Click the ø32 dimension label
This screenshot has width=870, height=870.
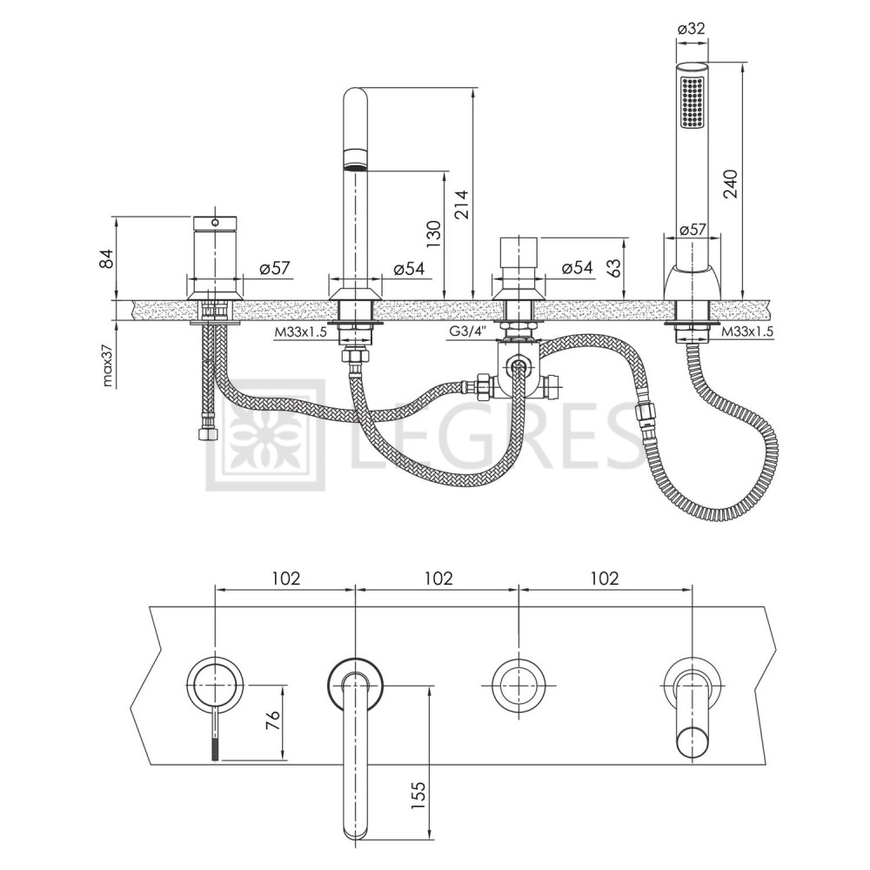(692, 28)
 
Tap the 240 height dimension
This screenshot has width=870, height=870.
(730, 184)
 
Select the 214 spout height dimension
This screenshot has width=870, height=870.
(461, 204)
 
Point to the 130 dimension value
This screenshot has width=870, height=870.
(433, 234)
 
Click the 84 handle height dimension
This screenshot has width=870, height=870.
(106, 258)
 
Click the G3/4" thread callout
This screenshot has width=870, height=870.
(469, 331)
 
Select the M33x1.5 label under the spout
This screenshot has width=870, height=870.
(300, 332)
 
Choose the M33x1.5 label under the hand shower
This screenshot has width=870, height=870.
(748, 331)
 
